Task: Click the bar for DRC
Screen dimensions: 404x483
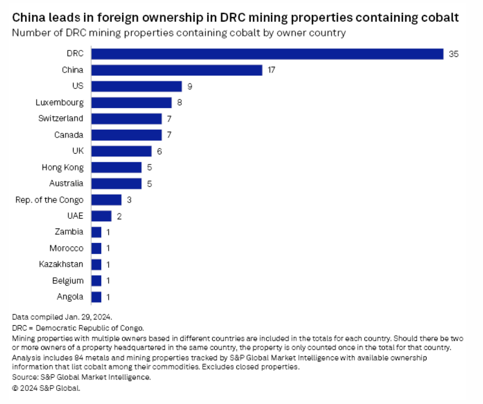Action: pos(267,54)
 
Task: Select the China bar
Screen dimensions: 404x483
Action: pos(177,70)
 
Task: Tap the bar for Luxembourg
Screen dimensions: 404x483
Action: pos(131,103)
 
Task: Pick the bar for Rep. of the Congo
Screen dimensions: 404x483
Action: pos(106,200)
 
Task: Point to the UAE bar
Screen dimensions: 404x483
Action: pos(101,216)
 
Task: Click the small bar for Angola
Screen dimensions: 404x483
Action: pos(96,297)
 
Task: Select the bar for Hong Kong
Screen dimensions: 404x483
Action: pos(116,167)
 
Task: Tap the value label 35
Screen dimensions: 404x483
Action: pos(453,54)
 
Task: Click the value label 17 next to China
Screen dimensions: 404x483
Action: pos(271,70)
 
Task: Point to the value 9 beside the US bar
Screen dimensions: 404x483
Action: pos(190,86)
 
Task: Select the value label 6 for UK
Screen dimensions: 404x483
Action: pos(159,151)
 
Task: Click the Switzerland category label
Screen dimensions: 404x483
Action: pos(60,118)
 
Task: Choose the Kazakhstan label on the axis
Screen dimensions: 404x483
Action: pos(61,264)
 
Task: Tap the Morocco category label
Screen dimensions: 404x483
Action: pos(66,248)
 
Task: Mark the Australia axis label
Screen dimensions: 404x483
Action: pos(66,183)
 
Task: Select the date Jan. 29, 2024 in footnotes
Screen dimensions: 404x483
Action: pos(88,317)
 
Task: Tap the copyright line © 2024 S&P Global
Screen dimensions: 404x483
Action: pos(46,388)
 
